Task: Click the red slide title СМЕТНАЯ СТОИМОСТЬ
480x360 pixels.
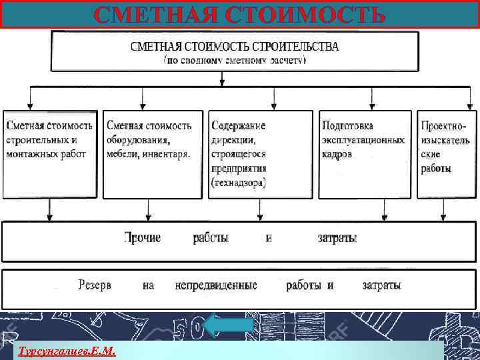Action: [x=240, y=15]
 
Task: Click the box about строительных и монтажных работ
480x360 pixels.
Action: [x=49, y=153]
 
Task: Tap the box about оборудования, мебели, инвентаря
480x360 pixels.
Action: [x=153, y=153]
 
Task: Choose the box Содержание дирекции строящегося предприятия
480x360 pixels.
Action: [x=260, y=153]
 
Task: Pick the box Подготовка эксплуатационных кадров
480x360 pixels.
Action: [x=364, y=153]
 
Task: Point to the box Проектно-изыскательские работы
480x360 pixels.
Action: [x=446, y=153]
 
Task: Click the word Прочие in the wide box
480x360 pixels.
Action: [x=142, y=238]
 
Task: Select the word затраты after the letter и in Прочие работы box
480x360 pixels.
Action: [x=337, y=238]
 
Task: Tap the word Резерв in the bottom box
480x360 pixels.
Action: [x=95, y=285]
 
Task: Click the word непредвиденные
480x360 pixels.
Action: [x=216, y=285]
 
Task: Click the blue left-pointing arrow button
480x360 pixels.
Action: [x=229, y=326]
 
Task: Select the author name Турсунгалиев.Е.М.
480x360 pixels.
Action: [x=67, y=350]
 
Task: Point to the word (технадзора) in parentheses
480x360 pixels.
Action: [x=238, y=183]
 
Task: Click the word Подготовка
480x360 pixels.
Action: [x=347, y=125]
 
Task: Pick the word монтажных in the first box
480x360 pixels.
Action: [x=32, y=154]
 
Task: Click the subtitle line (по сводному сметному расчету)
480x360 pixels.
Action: [x=235, y=59]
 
